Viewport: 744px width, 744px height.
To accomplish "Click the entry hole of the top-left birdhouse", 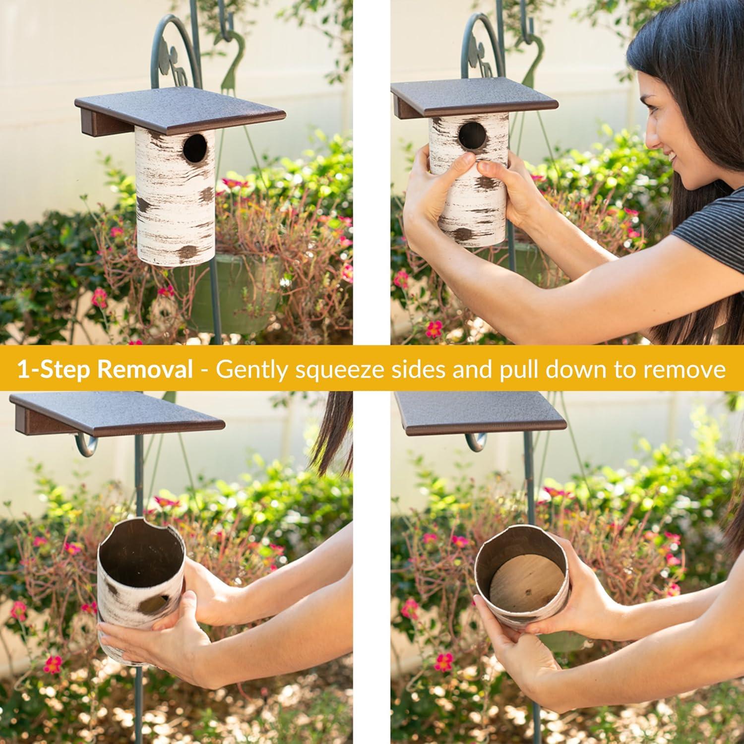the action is pos(195,147).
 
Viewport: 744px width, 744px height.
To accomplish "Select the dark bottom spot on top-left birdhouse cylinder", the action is pos(187,252).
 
